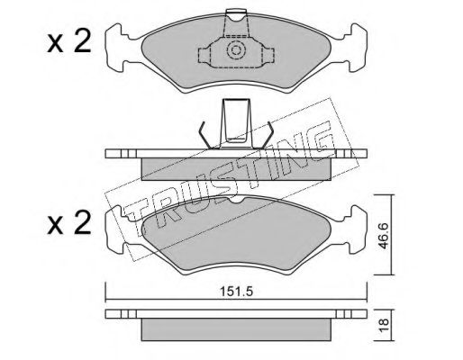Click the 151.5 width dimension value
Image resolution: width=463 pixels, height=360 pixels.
pyautogui.click(x=237, y=292)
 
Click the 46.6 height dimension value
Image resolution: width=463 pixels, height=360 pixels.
pyautogui.click(x=383, y=236)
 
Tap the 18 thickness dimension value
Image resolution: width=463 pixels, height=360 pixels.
pyautogui.click(x=384, y=325)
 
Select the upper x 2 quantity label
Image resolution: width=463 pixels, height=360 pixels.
pyautogui.click(x=68, y=42)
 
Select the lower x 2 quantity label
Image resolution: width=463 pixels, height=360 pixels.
pyautogui.click(x=68, y=222)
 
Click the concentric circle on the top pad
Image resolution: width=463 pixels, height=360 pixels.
pyautogui.click(x=235, y=49)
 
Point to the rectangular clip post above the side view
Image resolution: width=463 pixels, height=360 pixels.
pyautogui.click(x=236, y=123)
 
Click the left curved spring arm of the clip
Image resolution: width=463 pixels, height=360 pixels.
pyautogui.click(x=206, y=136)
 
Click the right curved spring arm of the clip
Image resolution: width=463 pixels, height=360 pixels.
pyautogui.click(x=266, y=136)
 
